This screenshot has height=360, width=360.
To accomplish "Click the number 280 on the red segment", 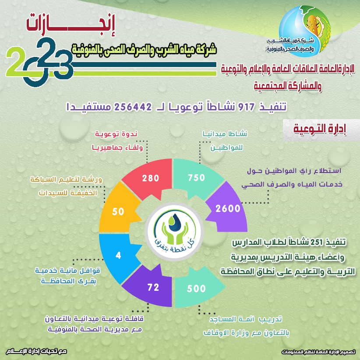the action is (x=151, y=178).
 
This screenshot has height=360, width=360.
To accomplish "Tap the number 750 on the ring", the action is (x=196, y=177).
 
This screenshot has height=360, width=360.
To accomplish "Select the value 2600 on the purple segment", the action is (x=228, y=208).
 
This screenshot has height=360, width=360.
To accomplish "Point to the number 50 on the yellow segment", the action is (x=118, y=212).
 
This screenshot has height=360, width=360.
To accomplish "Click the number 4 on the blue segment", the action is (x=118, y=255).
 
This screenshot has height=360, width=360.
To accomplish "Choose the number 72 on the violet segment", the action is (x=153, y=287).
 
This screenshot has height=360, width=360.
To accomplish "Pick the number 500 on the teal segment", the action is (x=196, y=289).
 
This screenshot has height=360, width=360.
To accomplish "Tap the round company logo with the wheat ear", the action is (x=304, y=31).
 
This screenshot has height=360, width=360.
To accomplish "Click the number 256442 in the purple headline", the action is (x=133, y=107).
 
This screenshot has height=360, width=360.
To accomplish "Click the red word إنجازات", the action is (x=70, y=25).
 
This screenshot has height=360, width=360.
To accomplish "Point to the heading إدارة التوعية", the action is (x=320, y=129).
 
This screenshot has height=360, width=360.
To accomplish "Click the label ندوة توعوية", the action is (x=116, y=134).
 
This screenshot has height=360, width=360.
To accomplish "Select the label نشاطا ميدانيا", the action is (x=225, y=134).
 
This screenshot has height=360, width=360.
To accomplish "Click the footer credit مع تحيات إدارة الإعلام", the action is (x=36, y=351).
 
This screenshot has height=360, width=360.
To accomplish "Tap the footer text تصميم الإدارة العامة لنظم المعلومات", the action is (x=318, y=352).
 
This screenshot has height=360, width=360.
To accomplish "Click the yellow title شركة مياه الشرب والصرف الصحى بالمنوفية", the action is (x=144, y=49).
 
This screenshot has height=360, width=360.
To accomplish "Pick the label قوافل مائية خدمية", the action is (x=67, y=271).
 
